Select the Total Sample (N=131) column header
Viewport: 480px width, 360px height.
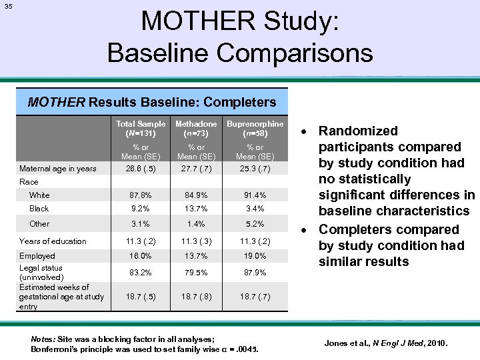tap(141, 128)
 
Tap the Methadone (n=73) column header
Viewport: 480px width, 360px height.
tap(196, 128)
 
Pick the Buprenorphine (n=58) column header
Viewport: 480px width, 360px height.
tap(255, 128)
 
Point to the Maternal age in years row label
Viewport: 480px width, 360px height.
tap(57, 168)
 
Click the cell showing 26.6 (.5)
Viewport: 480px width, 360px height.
tap(141, 168)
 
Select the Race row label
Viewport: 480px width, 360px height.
tap(29, 181)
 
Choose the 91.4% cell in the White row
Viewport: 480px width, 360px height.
tap(255, 195)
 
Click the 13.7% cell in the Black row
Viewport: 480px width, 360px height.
tap(196, 209)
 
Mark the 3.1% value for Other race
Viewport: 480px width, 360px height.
tap(141, 224)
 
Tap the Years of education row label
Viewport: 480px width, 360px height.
tap(53, 241)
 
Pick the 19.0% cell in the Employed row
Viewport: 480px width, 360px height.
tap(255, 256)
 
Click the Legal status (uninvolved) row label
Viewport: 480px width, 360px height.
tap(42, 272)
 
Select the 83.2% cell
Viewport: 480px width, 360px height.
tap(141, 272)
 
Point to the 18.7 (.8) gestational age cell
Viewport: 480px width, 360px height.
tap(196, 297)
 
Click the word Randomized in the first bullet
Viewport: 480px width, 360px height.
tap(357, 131)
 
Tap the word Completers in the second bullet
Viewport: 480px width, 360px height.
tap(364, 229)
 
